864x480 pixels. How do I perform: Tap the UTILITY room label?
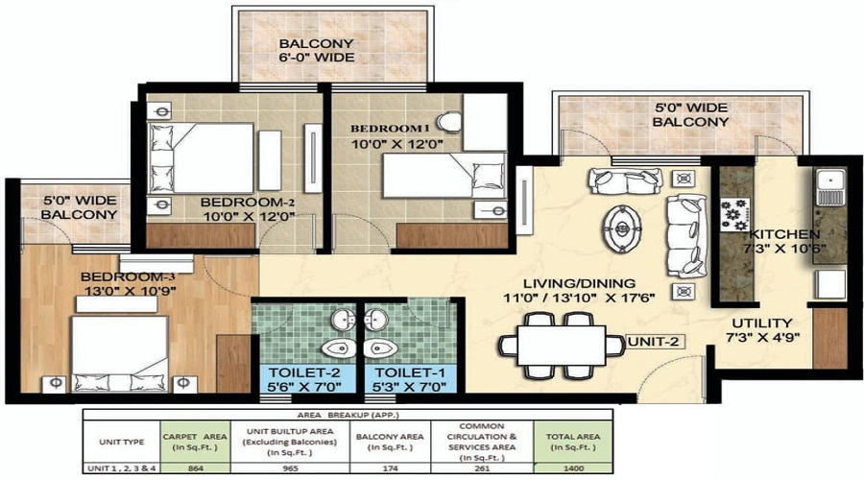coord(761,324)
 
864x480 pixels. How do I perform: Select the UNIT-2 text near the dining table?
coord(654,341)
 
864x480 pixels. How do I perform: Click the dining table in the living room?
coord(558,344)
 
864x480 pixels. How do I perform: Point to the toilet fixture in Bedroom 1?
coord(448,122)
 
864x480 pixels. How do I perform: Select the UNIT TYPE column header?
coord(122,442)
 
